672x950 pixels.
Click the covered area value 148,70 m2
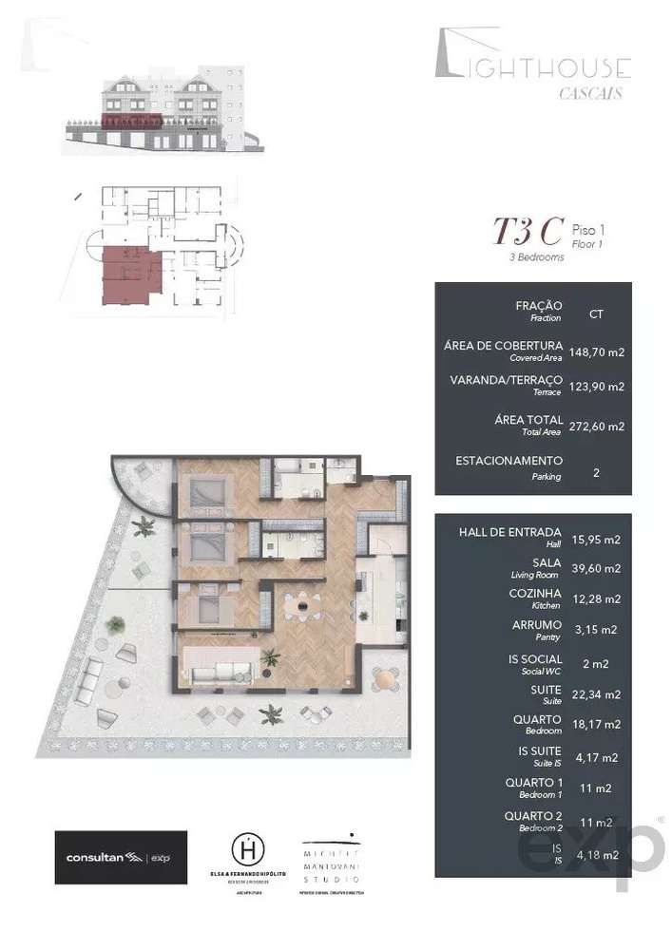pos(596,351)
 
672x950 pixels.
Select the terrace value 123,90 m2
pos(596,387)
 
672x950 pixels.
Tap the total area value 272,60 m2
pos(596,427)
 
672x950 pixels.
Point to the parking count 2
pos(596,471)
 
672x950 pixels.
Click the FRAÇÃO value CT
pos(596,312)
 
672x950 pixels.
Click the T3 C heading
pos(525,231)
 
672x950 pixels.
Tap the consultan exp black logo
pos(121,857)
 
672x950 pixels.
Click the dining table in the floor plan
pos(301,602)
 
